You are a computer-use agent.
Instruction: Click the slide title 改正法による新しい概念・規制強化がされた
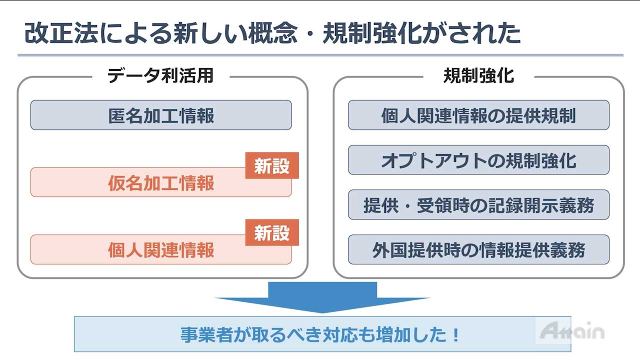coord(272,33)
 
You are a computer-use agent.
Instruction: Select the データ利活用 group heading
coord(160,75)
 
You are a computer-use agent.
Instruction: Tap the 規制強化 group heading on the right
coord(478,75)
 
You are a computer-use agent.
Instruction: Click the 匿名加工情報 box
coord(161,115)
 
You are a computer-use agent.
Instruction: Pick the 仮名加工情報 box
coord(161,183)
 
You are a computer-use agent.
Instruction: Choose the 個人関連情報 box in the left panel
coord(161,250)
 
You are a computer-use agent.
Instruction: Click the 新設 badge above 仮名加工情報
coord(272,166)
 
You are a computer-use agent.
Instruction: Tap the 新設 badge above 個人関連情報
coord(272,232)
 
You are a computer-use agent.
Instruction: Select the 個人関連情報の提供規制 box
coord(478,115)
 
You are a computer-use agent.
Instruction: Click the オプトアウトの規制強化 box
coord(478,160)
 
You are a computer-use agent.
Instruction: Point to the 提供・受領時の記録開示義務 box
coord(478,205)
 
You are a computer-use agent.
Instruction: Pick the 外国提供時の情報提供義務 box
coord(478,250)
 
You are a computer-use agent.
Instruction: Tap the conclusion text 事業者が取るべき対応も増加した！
coord(320,334)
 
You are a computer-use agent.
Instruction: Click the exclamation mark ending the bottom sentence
coord(455,334)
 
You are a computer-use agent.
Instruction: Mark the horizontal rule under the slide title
coord(320,55)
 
